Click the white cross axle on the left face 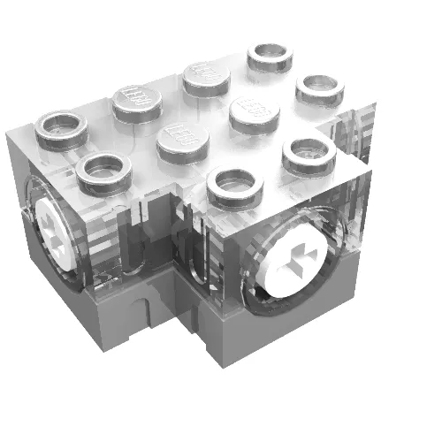point(55,230)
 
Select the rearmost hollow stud point(271,57)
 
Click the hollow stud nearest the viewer point(235,187)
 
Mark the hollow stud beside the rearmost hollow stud point(319,88)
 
